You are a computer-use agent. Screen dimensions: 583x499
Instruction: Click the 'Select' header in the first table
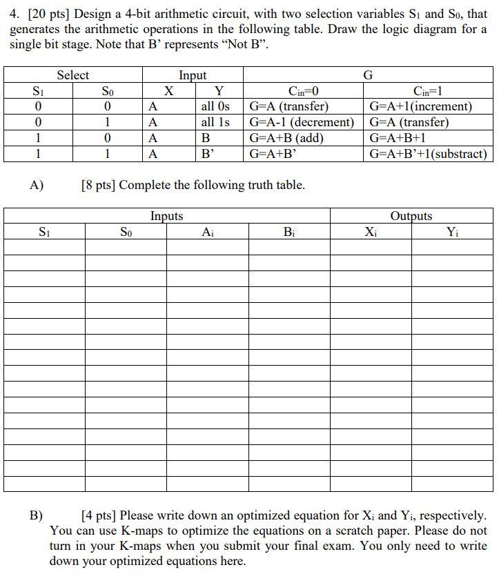[72, 75]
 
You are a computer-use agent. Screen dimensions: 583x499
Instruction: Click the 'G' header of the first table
[368, 75]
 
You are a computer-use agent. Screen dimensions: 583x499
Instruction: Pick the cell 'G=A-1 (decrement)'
[301, 122]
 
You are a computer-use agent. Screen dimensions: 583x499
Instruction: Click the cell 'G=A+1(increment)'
[421, 106]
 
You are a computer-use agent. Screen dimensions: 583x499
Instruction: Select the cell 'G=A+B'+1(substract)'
[428, 154]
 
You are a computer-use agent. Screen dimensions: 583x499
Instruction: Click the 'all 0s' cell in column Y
[215, 106]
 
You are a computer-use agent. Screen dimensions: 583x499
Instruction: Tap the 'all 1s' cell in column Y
[215, 122]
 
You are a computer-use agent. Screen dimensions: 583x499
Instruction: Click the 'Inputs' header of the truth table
[166, 216]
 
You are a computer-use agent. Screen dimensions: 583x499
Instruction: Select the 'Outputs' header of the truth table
[411, 216]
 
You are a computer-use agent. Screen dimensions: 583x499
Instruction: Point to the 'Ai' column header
[207, 233]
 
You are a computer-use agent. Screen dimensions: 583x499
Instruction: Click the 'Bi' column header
[288, 233]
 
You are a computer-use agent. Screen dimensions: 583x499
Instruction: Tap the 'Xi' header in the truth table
[371, 233]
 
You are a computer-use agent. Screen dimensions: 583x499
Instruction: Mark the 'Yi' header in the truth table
[452, 233]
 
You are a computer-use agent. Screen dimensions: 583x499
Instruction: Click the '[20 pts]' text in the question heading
[46, 14]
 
